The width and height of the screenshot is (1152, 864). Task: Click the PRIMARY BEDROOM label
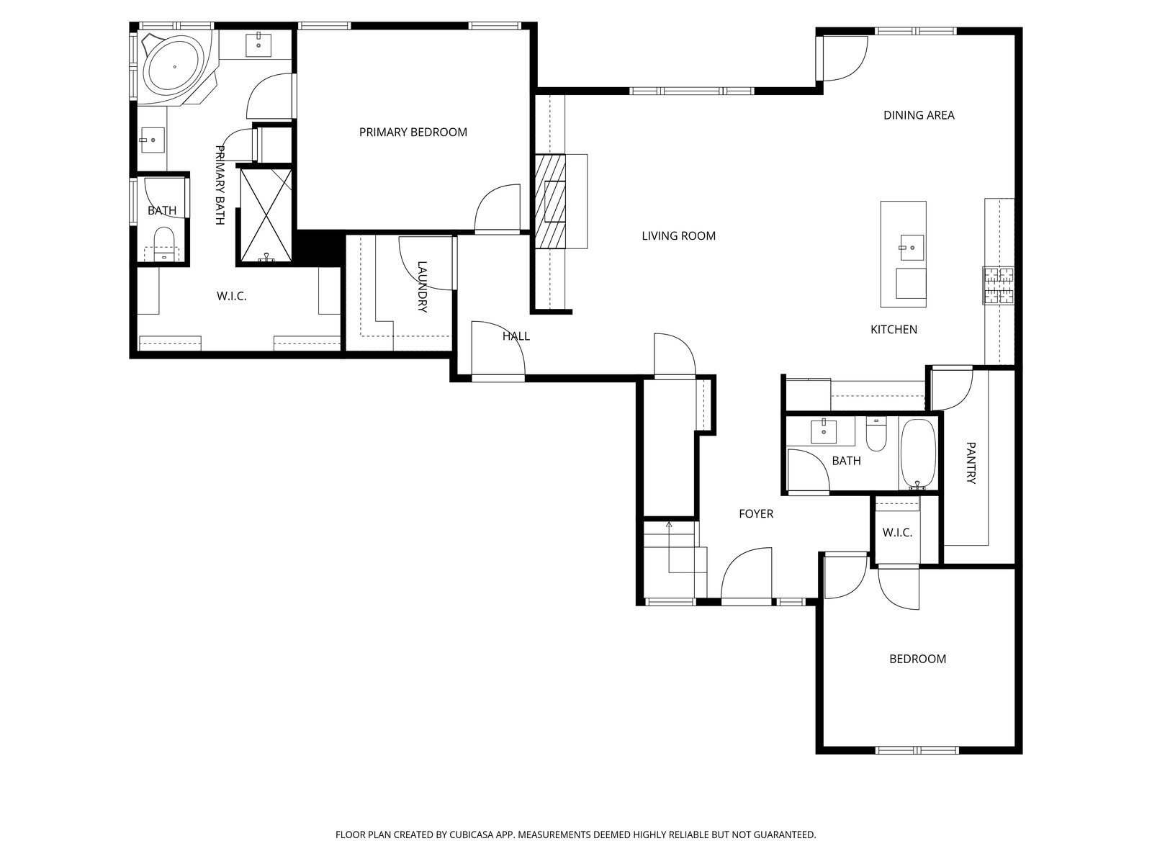(x=413, y=132)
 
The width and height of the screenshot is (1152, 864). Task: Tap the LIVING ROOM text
(x=679, y=236)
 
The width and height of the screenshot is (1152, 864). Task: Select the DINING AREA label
(x=919, y=115)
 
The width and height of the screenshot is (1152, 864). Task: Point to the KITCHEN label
(x=894, y=330)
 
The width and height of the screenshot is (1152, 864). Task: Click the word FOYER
(x=756, y=514)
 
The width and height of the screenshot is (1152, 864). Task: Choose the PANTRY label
(x=971, y=463)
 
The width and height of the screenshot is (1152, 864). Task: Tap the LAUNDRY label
(x=423, y=287)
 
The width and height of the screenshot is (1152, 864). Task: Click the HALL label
(x=516, y=336)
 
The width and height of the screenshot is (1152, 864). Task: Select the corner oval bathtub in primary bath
(x=175, y=67)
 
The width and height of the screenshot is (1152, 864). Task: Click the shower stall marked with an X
(x=266, y=215)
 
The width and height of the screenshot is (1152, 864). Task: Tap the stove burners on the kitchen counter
(x=998, y=286)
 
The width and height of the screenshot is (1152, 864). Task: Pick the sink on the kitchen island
(x=912, y=248)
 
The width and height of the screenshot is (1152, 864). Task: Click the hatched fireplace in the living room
(x=550, y=202)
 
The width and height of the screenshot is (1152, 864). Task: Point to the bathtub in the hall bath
(x=918, y=454)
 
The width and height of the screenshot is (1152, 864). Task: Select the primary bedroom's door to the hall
(x=498, y=208)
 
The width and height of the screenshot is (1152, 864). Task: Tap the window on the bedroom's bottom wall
(x=917, y=751)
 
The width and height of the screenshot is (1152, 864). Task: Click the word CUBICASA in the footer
(x=472, y=834)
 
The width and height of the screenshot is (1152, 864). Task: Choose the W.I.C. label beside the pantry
(x=897, y=533)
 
